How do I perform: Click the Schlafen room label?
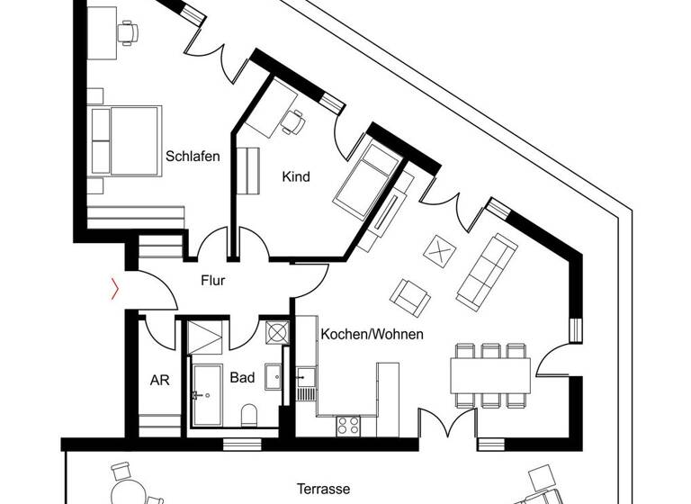193,156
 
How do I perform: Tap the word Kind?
296,176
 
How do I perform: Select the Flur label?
212,280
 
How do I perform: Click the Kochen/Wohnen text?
372,333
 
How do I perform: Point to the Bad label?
241,378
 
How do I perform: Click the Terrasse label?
322,489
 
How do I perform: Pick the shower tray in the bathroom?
205,339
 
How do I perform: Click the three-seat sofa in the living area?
486,268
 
